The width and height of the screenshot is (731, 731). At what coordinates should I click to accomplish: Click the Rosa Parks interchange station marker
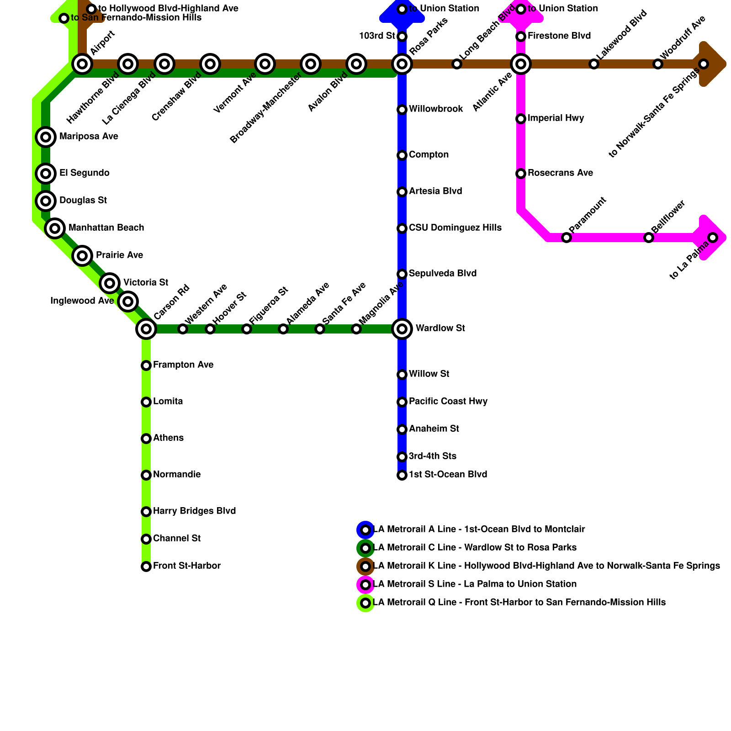point(402,64)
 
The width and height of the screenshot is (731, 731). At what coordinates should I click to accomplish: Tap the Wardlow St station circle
point(402,329)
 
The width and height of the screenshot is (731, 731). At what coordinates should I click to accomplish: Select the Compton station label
point(429,155)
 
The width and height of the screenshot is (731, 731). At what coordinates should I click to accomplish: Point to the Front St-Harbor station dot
point(146,567)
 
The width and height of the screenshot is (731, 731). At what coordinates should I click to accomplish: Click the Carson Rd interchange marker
point(146,329)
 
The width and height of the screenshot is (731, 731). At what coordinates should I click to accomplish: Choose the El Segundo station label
point(84,173)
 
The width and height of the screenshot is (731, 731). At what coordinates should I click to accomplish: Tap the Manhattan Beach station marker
point(55,228)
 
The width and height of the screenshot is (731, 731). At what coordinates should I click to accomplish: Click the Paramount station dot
point(567,238)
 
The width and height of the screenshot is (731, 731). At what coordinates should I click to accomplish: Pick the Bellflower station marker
point(649,238)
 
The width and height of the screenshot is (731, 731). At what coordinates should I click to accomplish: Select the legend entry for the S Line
point(475,584)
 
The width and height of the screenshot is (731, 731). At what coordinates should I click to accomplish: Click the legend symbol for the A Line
point(365,530)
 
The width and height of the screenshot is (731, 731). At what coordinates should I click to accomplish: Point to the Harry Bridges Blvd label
point(194,511)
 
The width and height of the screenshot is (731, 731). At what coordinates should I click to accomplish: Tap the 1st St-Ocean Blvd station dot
point(402,475)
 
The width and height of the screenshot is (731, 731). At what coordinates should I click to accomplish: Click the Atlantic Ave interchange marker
point(521,64)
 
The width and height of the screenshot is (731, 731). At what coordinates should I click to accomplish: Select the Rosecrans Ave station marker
point(521,174)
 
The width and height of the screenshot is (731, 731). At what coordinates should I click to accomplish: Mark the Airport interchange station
point(82,64)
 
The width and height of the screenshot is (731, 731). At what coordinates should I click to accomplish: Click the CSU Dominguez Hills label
point(455,228)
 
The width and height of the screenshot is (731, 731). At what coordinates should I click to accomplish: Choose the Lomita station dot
point(146,402)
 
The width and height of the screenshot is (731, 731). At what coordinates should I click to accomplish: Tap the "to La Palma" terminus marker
point(713,238)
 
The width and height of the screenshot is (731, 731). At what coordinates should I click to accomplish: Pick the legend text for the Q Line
point(519,603)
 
